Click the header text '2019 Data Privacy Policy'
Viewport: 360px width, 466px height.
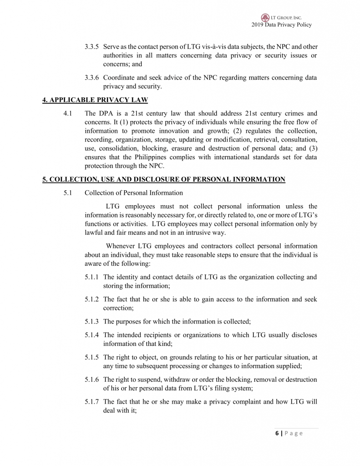coord(281,25)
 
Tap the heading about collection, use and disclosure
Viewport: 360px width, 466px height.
coord(164,179)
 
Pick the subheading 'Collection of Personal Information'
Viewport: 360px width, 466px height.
coord(134,192)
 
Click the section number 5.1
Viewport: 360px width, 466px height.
coord(69,192)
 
